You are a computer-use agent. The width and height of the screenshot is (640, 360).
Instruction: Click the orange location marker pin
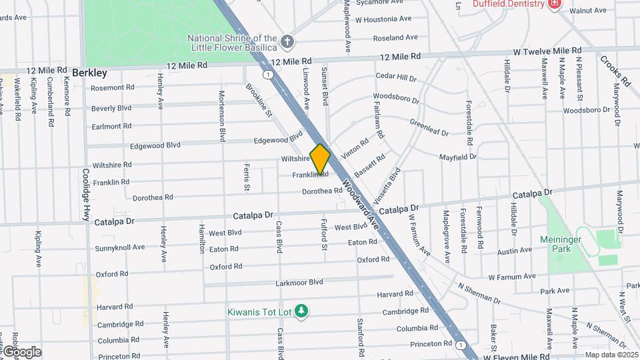coord(320,159)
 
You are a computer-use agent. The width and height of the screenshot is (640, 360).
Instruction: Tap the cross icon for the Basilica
coord(287,42)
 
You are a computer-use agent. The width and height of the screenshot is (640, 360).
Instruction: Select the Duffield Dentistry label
coord(509,4)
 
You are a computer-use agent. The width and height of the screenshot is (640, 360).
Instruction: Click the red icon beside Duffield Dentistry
coord(553,4)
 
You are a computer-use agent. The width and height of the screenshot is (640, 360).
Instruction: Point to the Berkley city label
coord(89,72)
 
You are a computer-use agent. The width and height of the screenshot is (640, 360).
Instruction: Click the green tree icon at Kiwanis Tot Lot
coord(302,310)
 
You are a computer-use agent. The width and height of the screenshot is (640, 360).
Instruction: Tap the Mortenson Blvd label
coord(222,116)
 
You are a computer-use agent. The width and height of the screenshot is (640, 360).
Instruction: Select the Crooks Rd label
coord(615,70)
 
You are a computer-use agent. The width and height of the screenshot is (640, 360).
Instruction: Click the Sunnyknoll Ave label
coord(120,247)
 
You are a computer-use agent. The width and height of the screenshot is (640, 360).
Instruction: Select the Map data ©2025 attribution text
coord(611,355)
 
